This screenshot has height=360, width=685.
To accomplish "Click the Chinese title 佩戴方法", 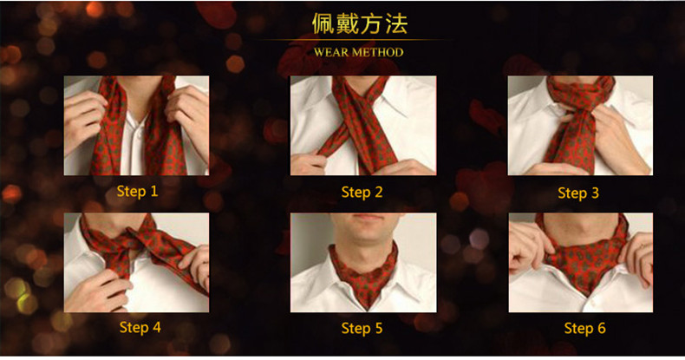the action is (360, 23).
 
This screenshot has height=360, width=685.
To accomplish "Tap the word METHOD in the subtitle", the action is (378, 52).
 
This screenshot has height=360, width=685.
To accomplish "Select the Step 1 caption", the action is (137, 191).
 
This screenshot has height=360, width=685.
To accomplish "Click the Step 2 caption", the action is (362, 193).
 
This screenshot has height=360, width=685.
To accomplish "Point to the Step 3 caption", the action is (578, 193).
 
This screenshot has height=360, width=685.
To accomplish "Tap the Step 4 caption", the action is (140, 327).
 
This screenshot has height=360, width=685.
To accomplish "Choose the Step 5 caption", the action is (362, 328).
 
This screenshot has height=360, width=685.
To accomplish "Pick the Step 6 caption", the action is (584, 328).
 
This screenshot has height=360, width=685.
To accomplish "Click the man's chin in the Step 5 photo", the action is (364, 235).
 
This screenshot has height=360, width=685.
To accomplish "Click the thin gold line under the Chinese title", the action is (352, 40).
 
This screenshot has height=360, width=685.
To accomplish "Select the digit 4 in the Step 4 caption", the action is (156, 327).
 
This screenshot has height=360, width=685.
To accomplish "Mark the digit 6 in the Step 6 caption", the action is (601, 328).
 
